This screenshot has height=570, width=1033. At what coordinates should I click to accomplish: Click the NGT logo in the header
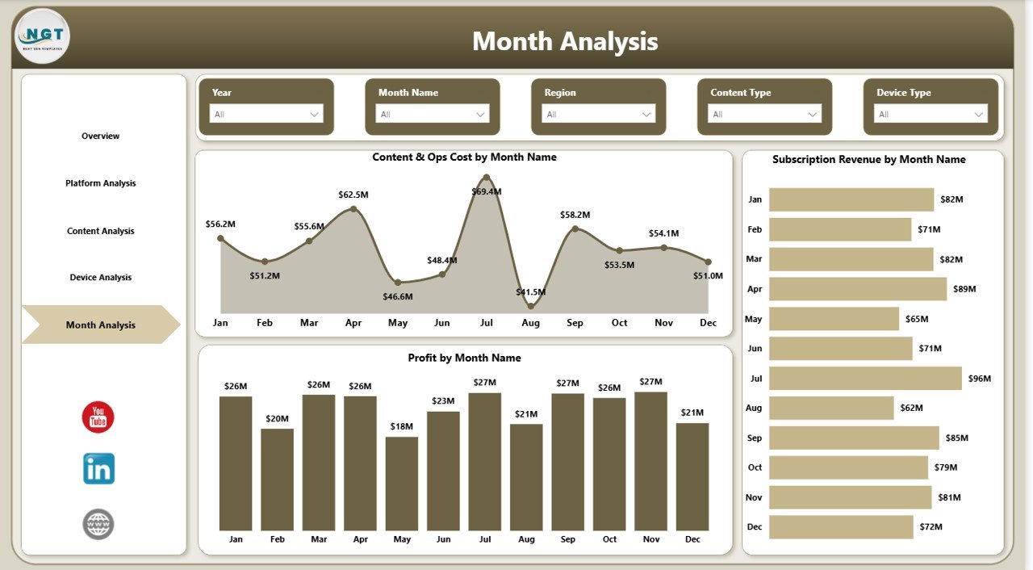[x=42, y=36]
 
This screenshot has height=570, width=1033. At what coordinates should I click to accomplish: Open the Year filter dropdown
[x=266, y=114]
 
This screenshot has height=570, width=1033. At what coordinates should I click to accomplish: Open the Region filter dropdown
[x=598, y=114]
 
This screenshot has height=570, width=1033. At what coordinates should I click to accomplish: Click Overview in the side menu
[x=100, y=136]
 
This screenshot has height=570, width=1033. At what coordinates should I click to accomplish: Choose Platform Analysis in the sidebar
[x=100, y=183]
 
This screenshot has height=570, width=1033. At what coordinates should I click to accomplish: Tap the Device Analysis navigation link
[x=100, y=278]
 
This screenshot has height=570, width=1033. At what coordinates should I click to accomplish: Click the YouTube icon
[x=98, y=417]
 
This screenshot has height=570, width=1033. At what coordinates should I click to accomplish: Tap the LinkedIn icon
[x=98, y=468]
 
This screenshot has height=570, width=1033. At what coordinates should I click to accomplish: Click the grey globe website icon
[x=98, y=524]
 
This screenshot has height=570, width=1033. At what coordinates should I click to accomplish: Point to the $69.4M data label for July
[x=487, y=192]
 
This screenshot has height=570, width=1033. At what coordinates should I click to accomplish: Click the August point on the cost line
[x=530, y=306]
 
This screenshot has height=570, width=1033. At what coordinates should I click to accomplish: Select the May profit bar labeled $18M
[x=402, y=483]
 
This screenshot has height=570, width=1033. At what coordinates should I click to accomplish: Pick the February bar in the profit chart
[x=277, y=478]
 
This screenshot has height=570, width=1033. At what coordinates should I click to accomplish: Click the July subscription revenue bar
[x=865, y=379]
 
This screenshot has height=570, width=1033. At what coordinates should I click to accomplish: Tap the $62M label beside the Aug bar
[x=914, y=408]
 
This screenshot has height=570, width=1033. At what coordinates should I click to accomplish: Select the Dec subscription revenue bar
[x=841, y=527]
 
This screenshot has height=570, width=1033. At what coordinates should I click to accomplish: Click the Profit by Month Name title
[x=464, y=358]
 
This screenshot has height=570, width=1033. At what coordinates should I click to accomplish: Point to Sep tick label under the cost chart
[x=575, y=323]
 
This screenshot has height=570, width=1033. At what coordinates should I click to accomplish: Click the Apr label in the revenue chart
[x=755, y=289]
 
